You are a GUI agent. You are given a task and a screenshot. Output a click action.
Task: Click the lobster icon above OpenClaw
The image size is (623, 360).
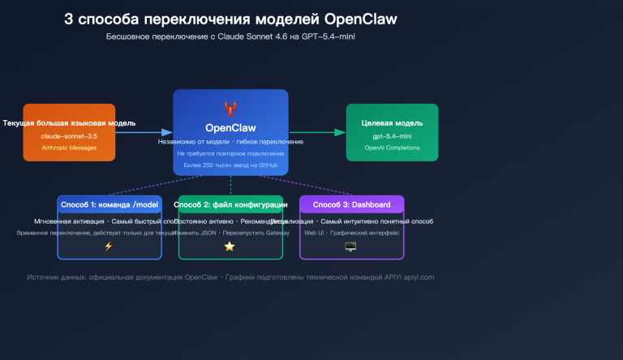(230, 108)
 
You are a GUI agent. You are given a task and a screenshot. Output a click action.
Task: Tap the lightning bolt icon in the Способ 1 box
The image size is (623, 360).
(109, 246)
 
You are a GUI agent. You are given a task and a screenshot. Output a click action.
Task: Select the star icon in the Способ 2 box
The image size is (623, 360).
(230, 246)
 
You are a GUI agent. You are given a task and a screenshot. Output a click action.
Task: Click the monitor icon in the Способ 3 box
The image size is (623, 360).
(350, 246)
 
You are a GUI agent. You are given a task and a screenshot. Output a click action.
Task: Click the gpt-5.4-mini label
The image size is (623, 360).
(392, 136)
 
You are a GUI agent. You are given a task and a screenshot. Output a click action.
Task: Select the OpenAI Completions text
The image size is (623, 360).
(392, 148)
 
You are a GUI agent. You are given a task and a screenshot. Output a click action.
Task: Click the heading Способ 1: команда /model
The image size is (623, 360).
(109, 204)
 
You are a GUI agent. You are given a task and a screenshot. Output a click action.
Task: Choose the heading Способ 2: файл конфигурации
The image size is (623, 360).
(230, 204)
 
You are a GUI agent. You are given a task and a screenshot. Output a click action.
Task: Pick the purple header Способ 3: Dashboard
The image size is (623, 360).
(351, 204)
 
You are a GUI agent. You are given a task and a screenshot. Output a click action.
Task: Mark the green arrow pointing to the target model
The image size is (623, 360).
(317, 131)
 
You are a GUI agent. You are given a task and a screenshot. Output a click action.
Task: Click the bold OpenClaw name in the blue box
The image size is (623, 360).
(230, 126)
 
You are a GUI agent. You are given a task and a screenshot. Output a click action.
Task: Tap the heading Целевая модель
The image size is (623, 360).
(392, 123)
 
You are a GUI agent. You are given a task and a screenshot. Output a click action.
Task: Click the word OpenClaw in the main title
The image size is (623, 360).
(359, 19)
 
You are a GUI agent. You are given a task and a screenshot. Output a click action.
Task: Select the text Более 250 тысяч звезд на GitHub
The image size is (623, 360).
(230, 165)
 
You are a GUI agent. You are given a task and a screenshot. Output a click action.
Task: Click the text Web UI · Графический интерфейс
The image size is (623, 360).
(351, 233)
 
